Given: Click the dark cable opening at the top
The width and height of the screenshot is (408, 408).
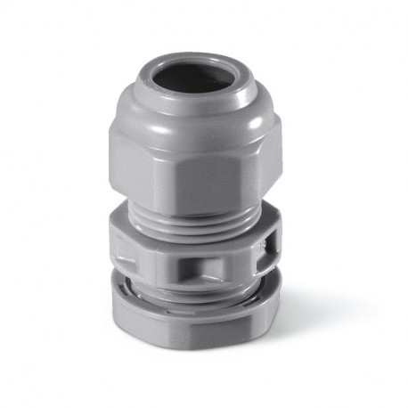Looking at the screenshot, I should pyautogui.click(x=191, y=78).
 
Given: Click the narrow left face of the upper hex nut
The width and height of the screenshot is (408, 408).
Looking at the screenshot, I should pyautogui.click(x=122, y=165).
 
